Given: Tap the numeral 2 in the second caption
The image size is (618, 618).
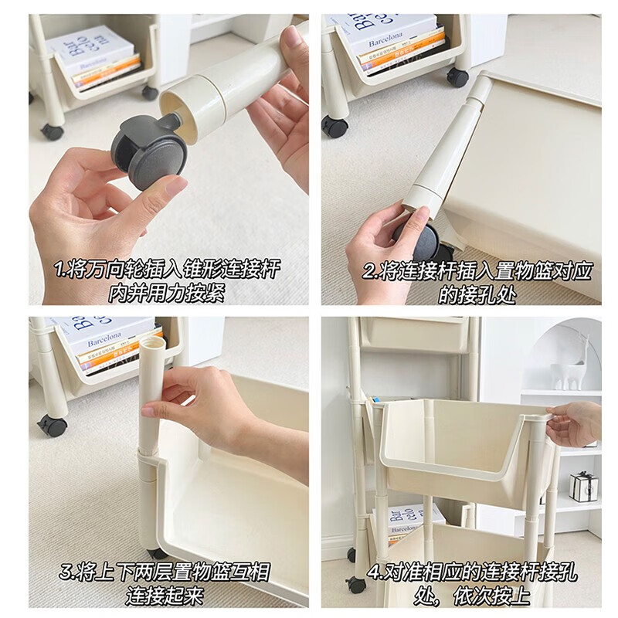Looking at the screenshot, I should coord(369,271).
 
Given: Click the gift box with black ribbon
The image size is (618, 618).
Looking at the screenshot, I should coord(583,486).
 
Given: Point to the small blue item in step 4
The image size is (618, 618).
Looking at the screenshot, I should coord(376,402).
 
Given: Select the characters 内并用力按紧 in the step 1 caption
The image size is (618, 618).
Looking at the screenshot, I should coord(167,294).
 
